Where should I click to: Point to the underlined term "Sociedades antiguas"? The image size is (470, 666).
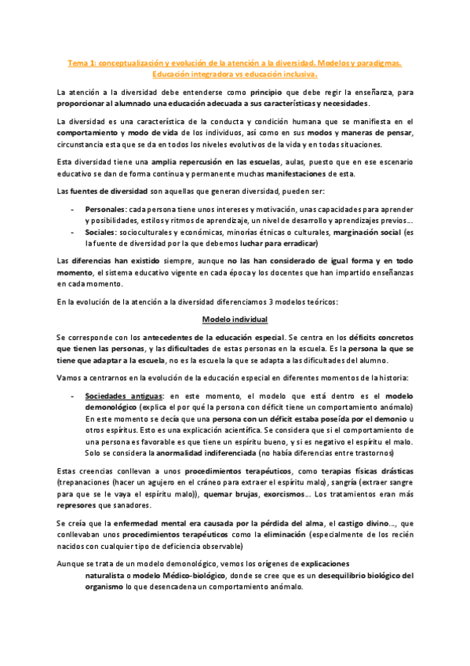tap(124, 397)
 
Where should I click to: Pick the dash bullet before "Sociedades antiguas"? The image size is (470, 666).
tap(73, 397)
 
